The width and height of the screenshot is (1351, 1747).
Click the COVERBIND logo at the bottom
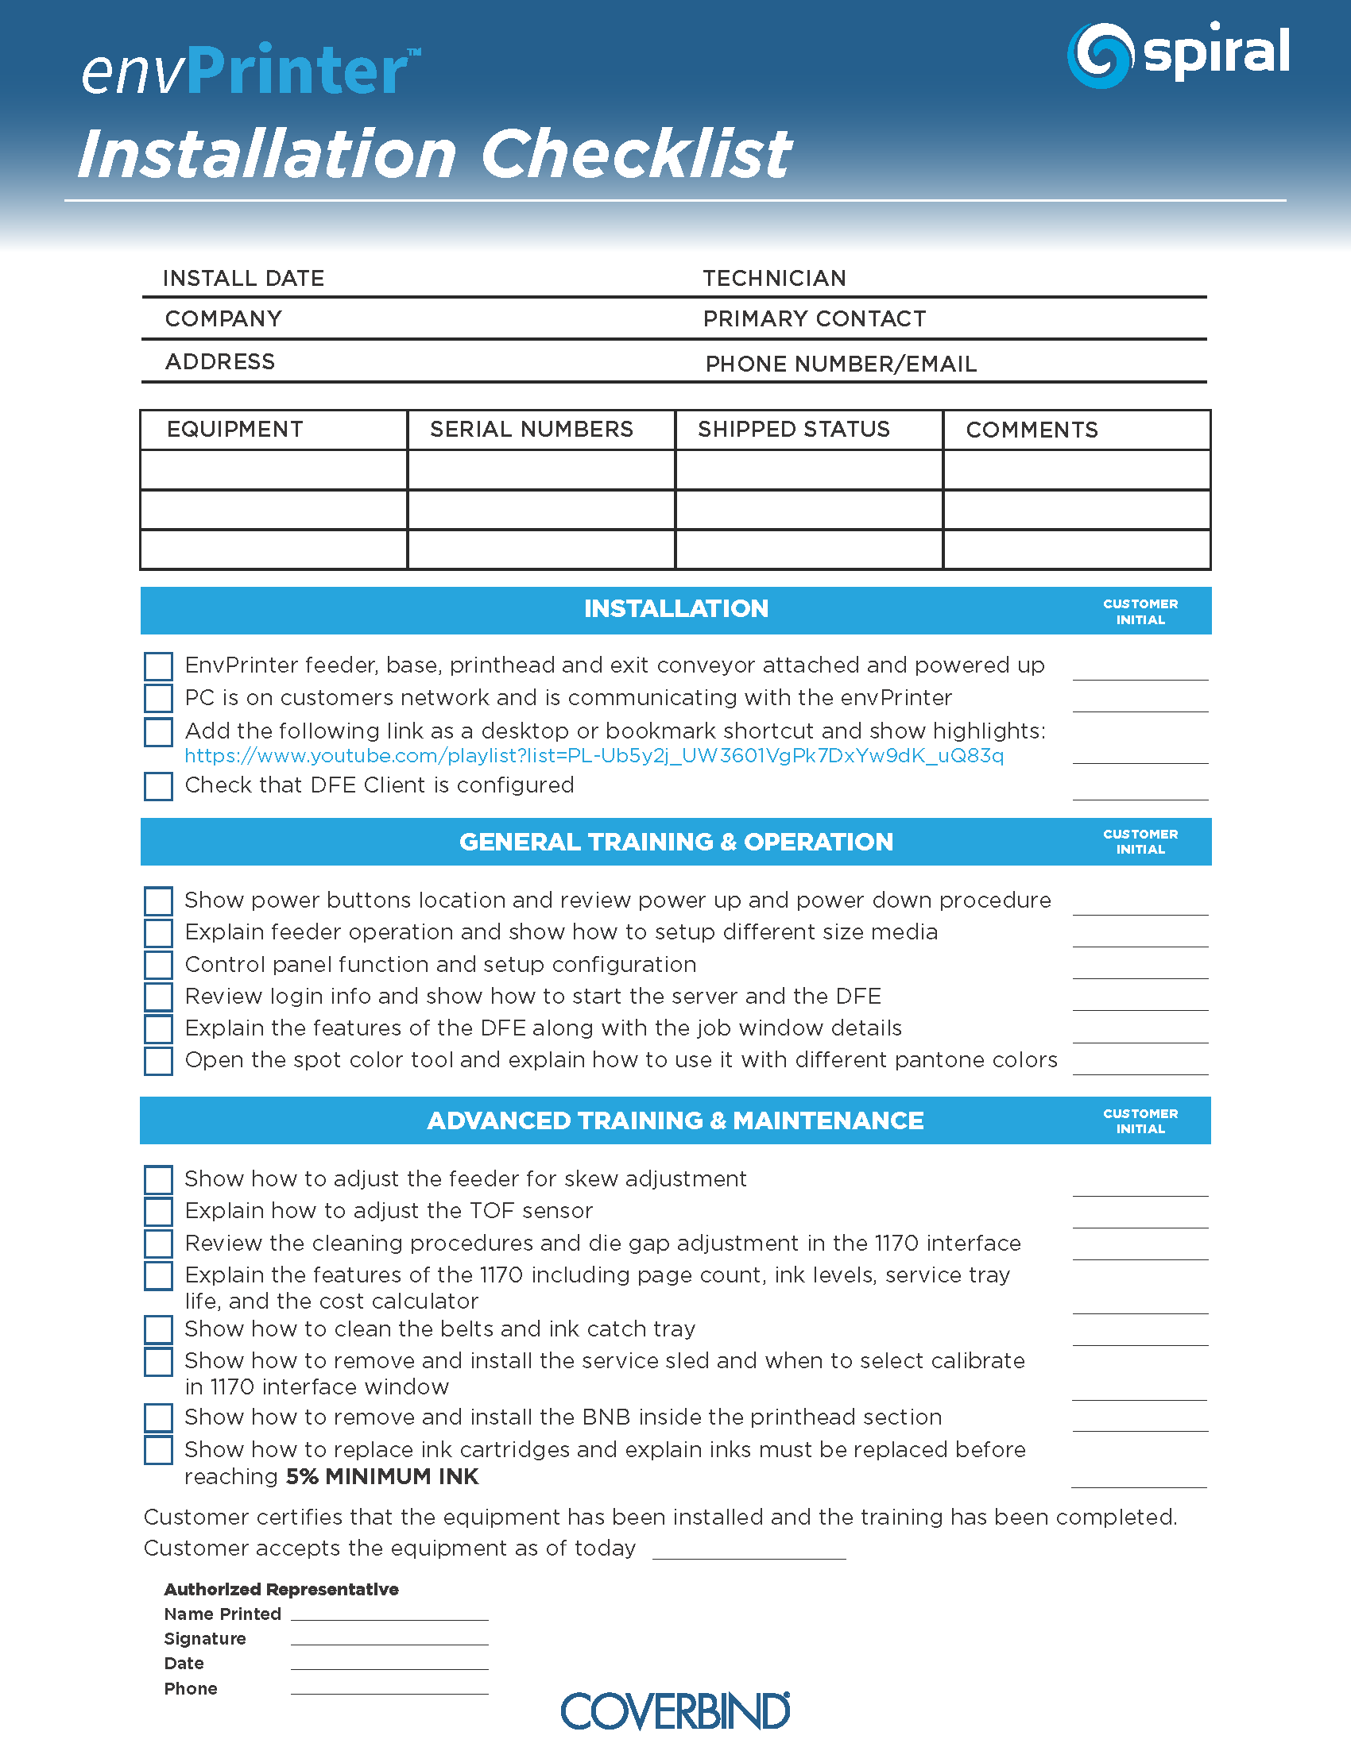675,1711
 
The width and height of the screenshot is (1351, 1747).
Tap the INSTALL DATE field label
243,279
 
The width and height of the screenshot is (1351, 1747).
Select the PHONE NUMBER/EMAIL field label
840,364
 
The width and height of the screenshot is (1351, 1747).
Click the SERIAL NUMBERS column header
532,430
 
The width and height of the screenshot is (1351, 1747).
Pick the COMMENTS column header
1032,430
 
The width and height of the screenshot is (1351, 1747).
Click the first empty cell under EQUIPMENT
273,469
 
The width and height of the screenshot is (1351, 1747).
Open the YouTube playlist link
594,756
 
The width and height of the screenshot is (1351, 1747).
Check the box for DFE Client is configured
158,785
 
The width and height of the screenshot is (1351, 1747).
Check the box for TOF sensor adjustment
158,1211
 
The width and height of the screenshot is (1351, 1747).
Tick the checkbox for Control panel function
158,965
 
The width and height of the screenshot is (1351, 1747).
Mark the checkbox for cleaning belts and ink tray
158,1329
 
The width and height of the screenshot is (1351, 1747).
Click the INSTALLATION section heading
675,609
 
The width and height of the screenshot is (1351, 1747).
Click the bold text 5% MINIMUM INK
381,1477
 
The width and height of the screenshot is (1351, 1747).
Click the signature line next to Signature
389,1640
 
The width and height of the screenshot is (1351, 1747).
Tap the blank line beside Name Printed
389,1615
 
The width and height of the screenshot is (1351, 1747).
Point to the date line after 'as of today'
749,1552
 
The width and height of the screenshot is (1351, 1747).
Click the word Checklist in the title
635,153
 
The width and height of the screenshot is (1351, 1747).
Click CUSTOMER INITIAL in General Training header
1140,842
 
